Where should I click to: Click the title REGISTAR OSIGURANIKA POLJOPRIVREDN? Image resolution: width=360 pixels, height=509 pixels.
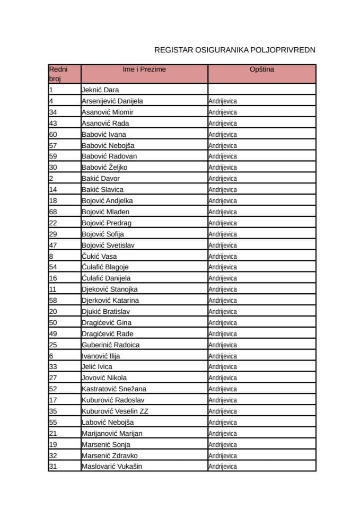tap(235, 50)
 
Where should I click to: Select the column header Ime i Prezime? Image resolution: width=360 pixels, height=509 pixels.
tap(144, 69)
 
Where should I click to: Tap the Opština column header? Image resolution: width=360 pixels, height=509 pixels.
tap(262, 69)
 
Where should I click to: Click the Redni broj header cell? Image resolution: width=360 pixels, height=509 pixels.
tap(58, 74)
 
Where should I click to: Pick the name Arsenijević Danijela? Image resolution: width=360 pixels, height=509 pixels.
tap(112, 101)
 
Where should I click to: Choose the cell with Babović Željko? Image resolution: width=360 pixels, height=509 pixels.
tap(104, 168)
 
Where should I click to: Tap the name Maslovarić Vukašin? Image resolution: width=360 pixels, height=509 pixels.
tap(112, 467)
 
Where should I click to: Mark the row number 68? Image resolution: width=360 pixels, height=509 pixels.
tap(53, 212)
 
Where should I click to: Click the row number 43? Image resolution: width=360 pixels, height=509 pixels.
tap(53, 123)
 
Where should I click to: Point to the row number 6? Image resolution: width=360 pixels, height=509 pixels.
tap(51, 356)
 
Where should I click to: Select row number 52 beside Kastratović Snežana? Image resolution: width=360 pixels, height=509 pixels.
tap(53, 389)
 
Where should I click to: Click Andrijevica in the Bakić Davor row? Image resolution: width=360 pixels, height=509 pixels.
tap(223, 179)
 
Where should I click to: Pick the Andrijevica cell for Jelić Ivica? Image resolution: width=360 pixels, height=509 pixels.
tap(223, 367)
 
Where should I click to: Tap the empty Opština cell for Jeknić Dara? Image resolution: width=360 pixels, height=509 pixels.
tap(262, 90)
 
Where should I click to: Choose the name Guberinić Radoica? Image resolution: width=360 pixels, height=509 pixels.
tap(111, 345)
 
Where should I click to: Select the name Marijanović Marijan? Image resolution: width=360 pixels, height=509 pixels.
tap(112, 433)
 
